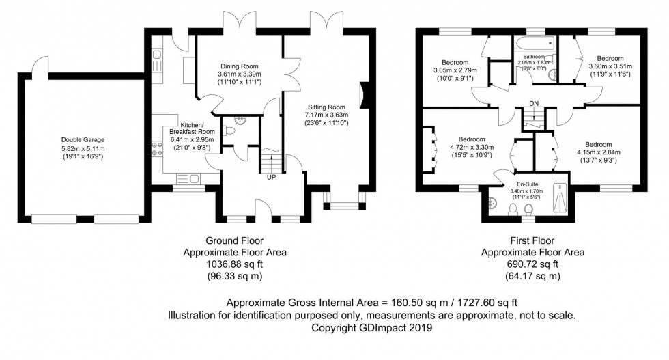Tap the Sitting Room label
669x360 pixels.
pos(326,107)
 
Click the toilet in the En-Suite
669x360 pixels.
pos(528,209)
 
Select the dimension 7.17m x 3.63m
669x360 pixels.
pos(326,115)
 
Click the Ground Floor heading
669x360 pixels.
pos(234,240)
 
